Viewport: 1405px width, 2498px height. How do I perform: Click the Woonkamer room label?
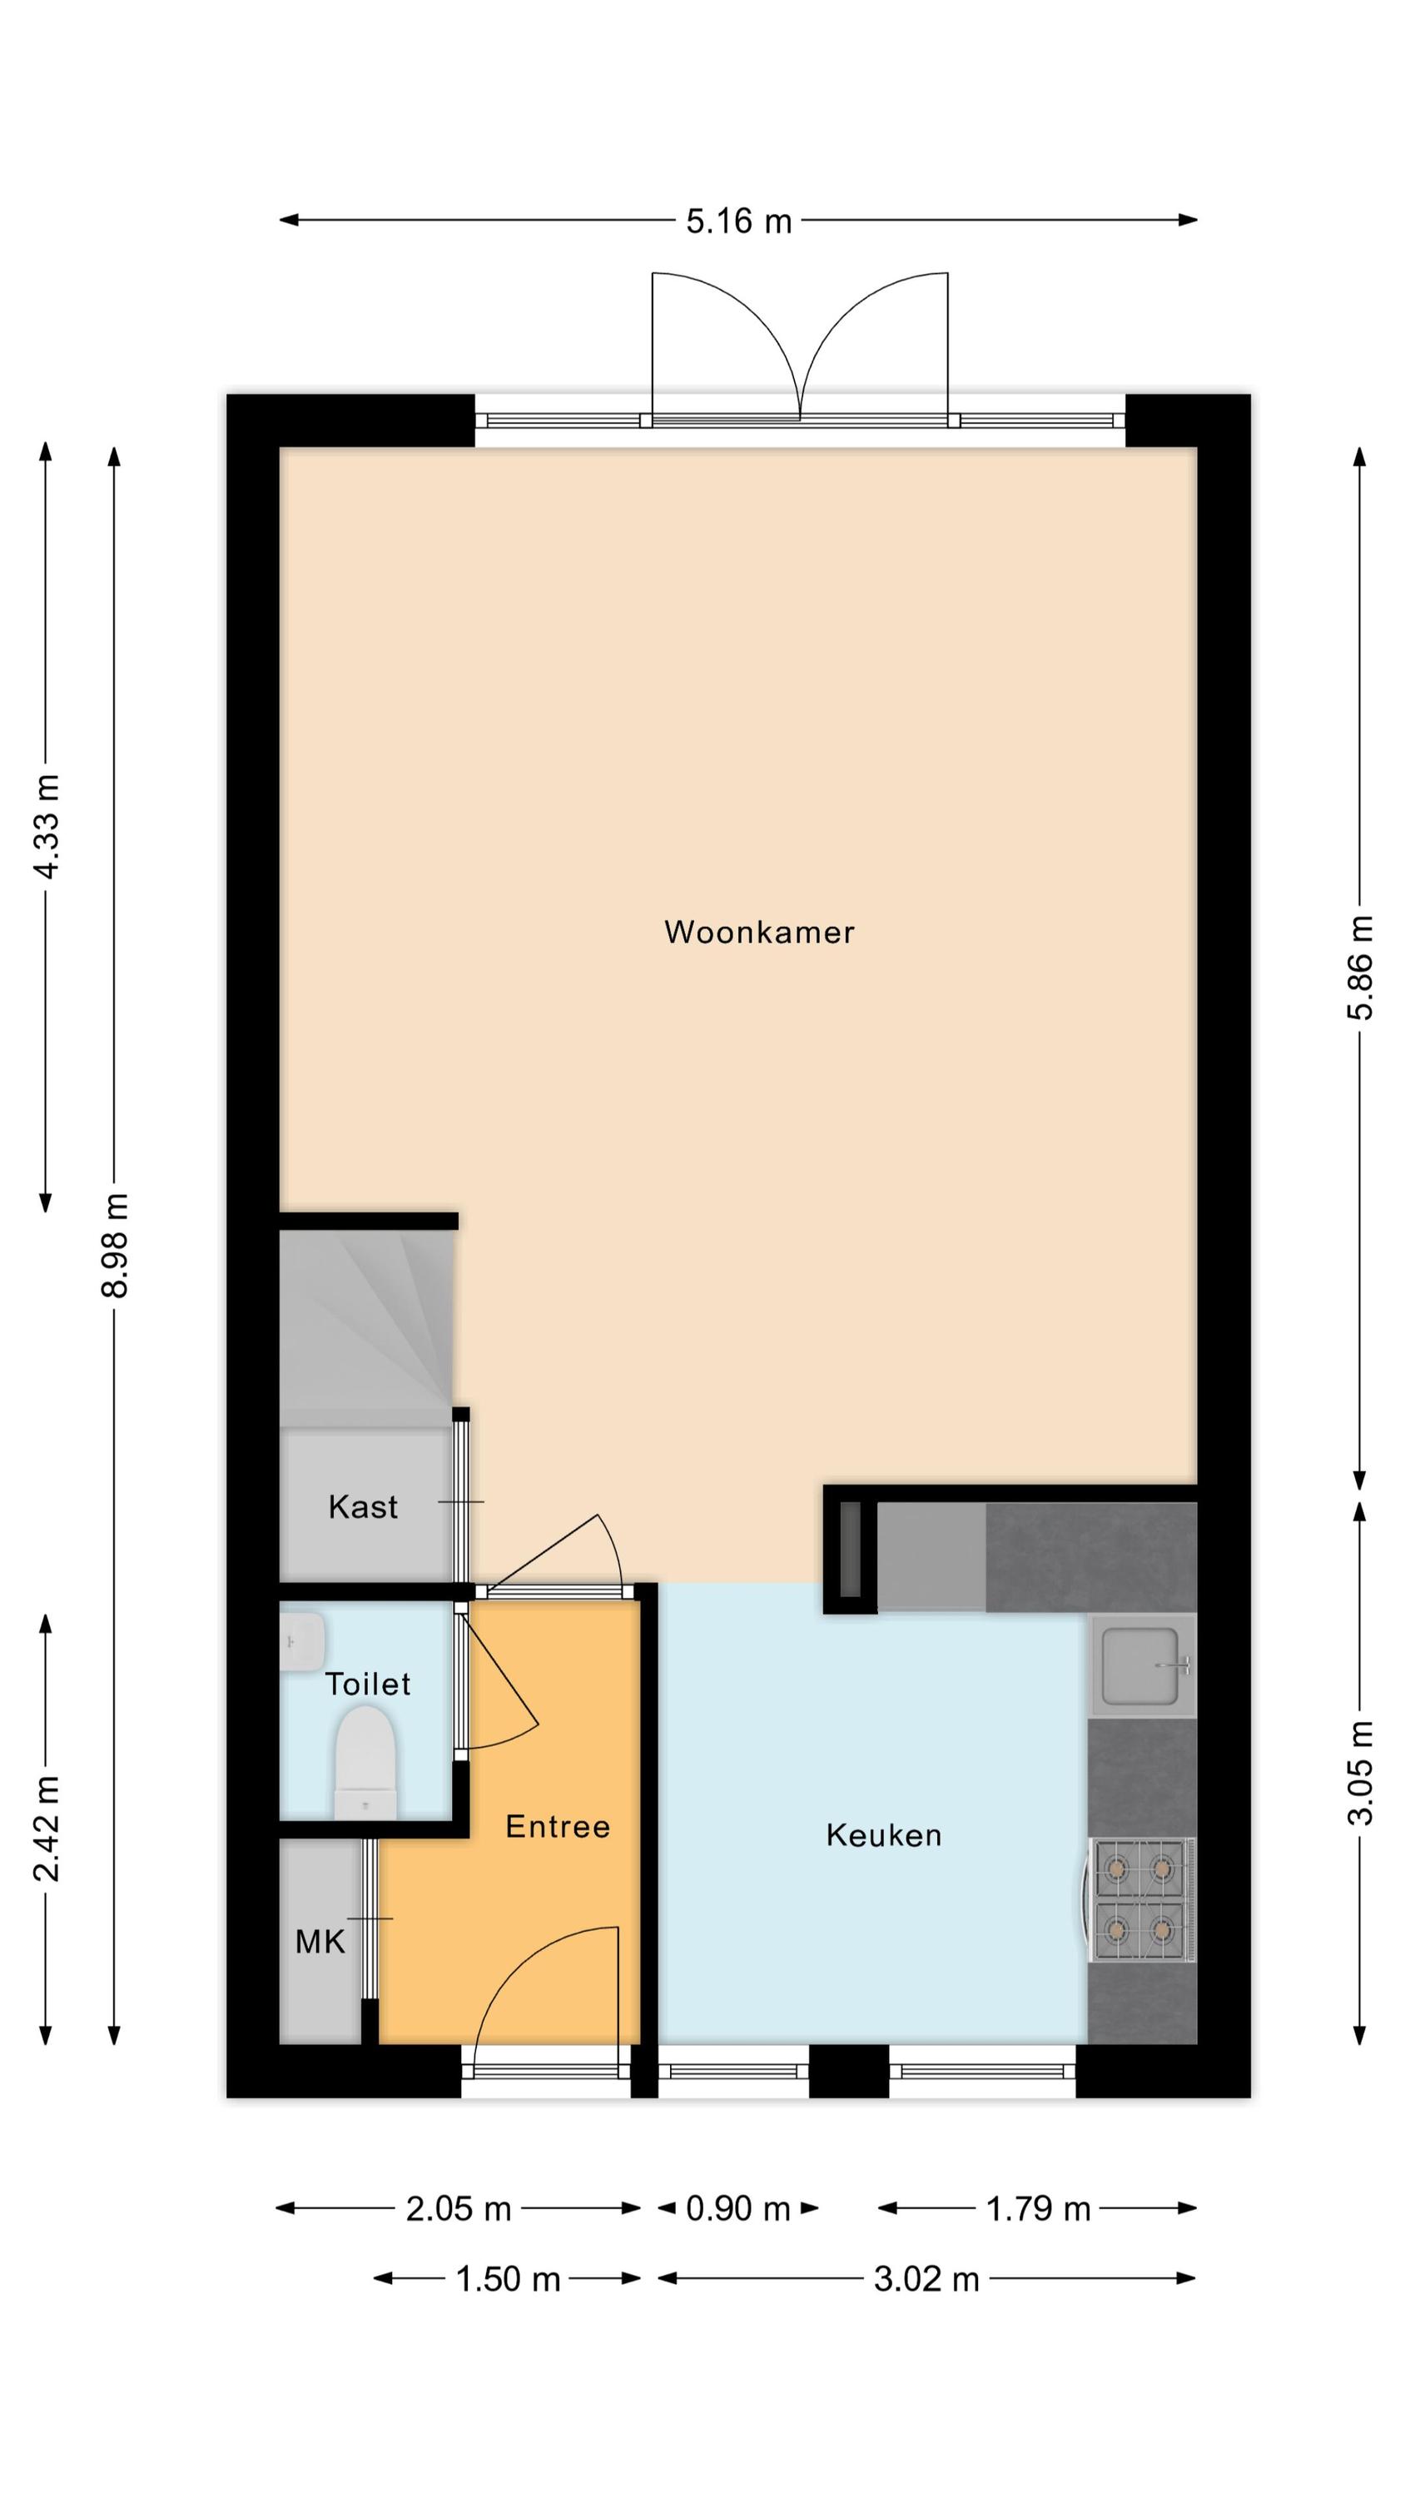759,932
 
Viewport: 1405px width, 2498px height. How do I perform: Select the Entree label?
558,1826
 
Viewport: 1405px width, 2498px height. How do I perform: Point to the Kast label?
363,1506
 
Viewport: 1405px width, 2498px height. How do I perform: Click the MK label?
320,1942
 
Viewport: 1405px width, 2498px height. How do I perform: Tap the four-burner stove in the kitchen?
1139,1899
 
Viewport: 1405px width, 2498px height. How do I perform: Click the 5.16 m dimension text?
739,221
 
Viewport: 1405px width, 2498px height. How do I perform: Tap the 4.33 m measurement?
46,826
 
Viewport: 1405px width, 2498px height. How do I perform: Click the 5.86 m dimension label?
1360,967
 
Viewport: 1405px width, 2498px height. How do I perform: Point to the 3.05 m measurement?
1360,1772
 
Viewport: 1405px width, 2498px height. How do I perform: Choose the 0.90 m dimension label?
738,2209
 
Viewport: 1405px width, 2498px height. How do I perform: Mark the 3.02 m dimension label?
926,2279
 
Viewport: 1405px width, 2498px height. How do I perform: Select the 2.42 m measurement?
46,1828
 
